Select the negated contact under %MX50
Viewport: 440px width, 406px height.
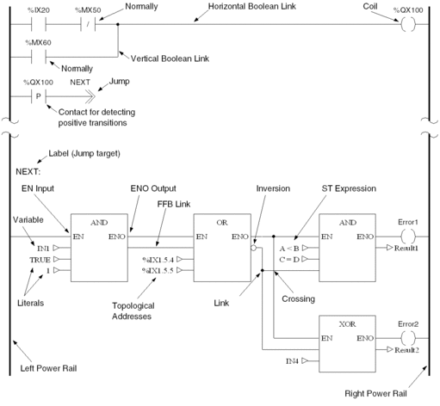(88, 24)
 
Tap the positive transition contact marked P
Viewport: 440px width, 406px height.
(38, 96)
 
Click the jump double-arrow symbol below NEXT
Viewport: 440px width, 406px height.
(90, 96)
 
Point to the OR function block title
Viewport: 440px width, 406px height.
(222, 223)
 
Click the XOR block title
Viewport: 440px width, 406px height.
(347, 324)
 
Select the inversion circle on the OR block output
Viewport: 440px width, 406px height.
(253, 248)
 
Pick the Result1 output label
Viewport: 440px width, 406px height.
(406, 248)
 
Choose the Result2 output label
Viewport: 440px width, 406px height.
(406, 350)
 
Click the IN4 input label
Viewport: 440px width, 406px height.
(292, 361)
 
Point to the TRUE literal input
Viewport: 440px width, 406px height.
(40, 260)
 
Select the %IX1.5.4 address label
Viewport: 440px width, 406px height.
(158, 260)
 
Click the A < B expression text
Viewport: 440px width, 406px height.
(289, 249)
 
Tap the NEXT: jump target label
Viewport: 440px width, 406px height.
(28, 172)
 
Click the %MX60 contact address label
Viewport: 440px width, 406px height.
(38, 43)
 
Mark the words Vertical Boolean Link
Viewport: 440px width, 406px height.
(170, 58)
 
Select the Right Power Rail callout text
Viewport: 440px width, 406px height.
(375, 393)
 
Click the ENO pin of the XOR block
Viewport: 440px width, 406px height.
(365, 338)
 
